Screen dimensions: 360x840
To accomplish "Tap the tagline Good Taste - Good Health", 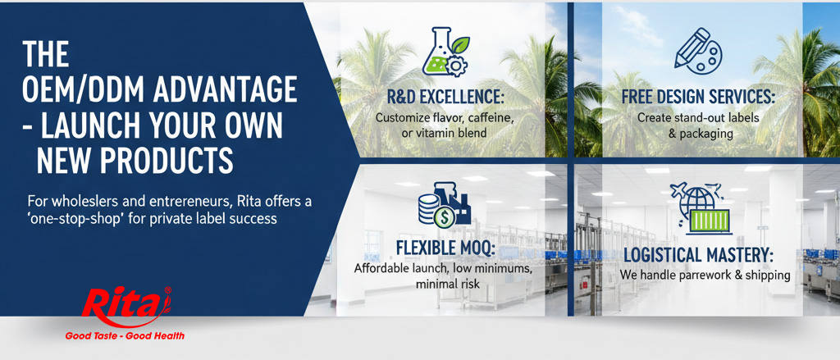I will pos(125,335).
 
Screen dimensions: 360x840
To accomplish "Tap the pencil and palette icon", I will pos(697,49).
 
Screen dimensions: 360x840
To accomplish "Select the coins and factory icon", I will pos(442,208).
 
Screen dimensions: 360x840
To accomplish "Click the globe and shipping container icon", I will pos(697,208).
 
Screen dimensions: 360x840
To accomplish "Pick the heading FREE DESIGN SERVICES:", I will pos(698,98).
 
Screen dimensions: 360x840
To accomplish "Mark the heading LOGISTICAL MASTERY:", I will pos(698,254).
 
